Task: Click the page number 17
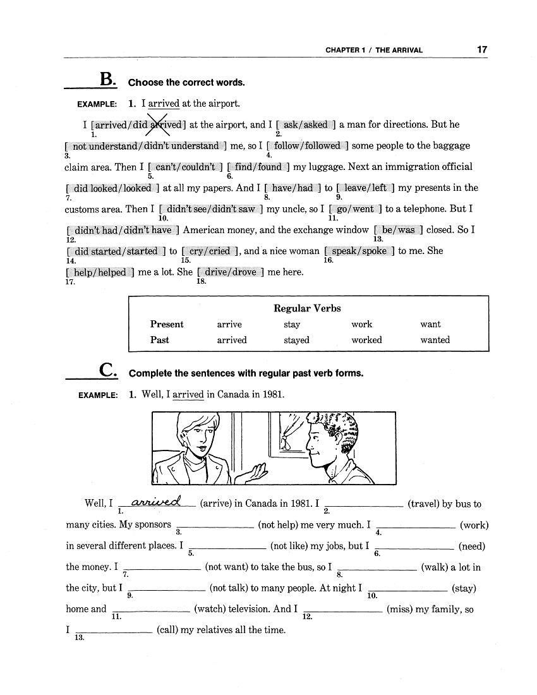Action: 482,49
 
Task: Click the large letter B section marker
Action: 108,80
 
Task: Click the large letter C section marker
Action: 108,371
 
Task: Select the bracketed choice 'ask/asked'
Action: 306,124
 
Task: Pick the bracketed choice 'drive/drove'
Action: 231,272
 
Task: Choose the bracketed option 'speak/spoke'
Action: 359,251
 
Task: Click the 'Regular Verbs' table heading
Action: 307,308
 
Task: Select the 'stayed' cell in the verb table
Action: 296,340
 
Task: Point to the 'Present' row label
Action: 167,324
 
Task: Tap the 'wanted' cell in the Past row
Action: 435,340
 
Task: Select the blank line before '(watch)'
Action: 151,610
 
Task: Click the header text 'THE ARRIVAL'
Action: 399,50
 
